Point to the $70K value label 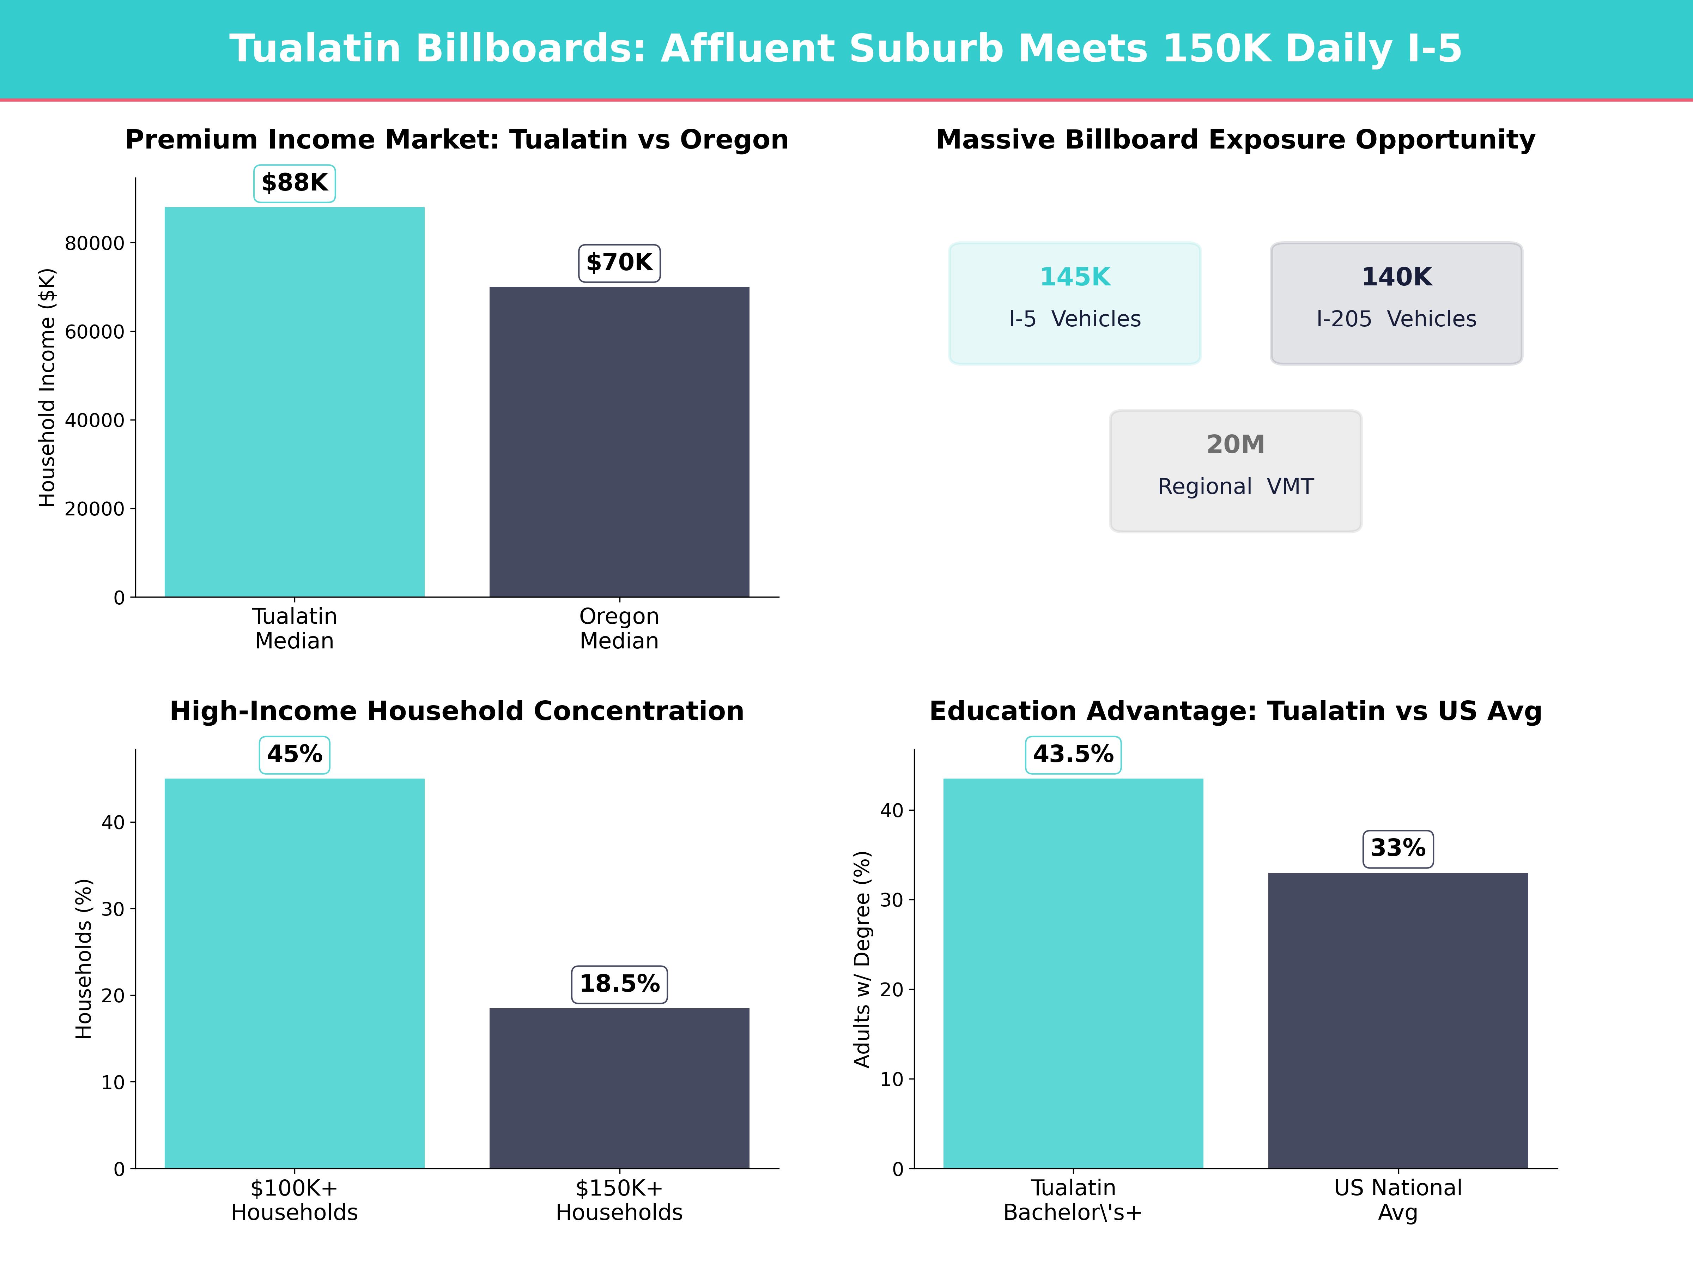tap(619, 262)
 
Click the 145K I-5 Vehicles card tap(1075, 303)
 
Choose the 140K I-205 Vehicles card tap(1396, 303)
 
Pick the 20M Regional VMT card tap(1235, 471)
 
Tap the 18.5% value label tap(619, 984)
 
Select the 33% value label tap(1397, 848)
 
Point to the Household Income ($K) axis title tap(48, 387)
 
